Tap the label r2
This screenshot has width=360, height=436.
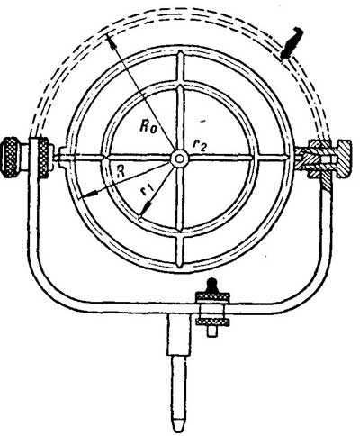(199, 144)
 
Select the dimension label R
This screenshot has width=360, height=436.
(121, 172)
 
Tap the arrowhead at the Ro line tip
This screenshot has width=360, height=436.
(111, 41)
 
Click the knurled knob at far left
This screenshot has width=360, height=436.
(13, 157)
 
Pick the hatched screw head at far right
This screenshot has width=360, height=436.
(345, 159)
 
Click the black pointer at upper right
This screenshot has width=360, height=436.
(292, 42)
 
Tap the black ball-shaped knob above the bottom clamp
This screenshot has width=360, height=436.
(212, 285)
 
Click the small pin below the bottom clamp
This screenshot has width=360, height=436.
(212, 331)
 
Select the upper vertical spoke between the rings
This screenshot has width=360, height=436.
(179, 68)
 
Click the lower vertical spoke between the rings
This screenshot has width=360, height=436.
(179, 249)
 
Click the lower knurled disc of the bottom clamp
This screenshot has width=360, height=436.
(212, 322)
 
